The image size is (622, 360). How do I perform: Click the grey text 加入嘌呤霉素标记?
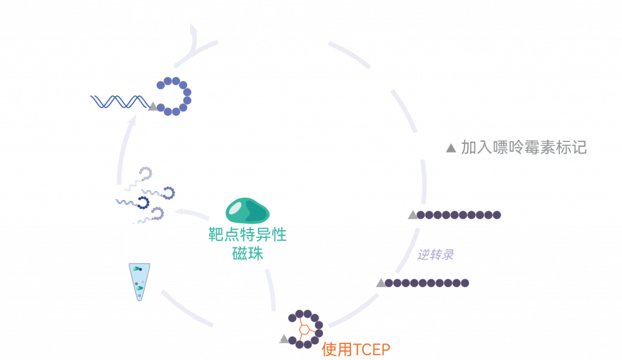click(x=524, y=147)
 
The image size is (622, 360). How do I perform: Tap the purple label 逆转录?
click(x=436, y=254)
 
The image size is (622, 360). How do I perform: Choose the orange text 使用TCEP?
click(x=356, y=349)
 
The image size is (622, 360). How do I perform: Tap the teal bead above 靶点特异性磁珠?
click(x=247, y=210)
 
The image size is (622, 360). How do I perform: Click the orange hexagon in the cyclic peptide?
click(x=306, y=329)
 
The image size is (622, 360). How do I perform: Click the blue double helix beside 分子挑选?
click(x=118, y=101)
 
